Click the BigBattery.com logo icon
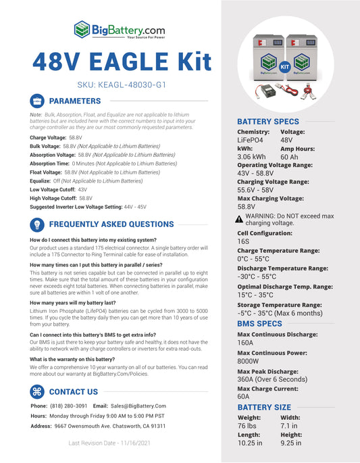82,29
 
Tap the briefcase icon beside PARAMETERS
38,101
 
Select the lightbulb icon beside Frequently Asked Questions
38,224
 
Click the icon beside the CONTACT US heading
38,391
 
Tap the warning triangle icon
239,219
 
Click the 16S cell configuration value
243,241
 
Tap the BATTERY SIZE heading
264,408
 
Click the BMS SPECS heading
259,324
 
